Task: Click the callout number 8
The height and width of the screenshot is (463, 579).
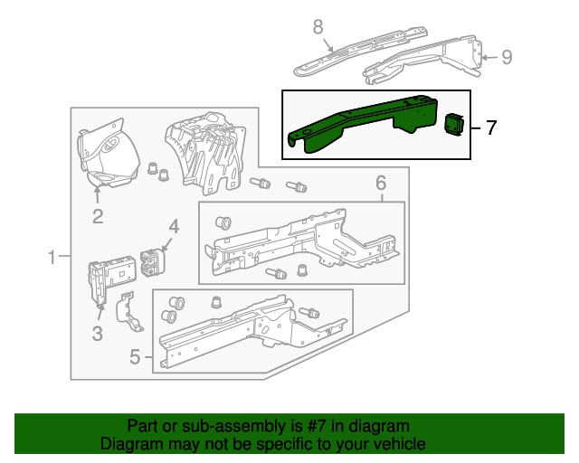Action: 318,27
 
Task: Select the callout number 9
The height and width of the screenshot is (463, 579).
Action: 507,57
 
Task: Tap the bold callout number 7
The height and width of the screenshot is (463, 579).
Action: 491,128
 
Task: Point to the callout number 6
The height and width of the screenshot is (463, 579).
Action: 381,183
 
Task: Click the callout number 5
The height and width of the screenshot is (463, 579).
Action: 135,356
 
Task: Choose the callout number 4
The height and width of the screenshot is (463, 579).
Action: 174,226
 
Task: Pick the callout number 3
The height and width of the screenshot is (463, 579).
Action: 97,334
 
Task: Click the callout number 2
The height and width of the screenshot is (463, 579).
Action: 98,216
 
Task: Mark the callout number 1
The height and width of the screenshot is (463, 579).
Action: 52,257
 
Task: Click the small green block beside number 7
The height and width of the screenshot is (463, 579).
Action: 454,125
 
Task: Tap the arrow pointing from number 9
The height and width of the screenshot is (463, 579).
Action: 489,57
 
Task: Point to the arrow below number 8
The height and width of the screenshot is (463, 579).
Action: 328,44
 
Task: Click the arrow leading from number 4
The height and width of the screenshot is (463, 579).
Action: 166,244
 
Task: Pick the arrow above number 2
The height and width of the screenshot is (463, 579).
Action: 98,194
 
